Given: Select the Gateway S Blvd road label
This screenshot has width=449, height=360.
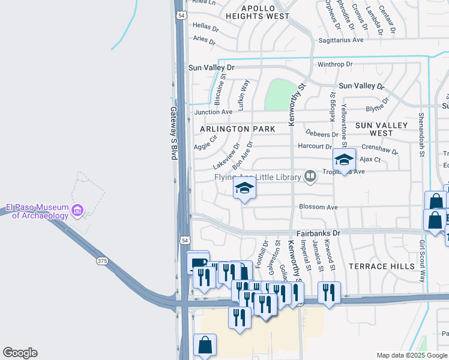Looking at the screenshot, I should click(x=173, y=133).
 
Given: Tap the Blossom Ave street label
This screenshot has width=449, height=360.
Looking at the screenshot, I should click(x=319, y=207).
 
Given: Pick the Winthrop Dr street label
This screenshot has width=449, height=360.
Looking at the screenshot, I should click(x=334, y=64).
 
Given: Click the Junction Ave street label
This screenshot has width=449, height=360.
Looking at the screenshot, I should click(x=212, y=112).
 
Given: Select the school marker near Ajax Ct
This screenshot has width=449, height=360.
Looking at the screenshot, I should click(x=344, y=160).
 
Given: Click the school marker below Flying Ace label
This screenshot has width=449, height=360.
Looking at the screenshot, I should click(x=244, y=189).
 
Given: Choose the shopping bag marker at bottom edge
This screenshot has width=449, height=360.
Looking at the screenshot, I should click(x=205, y=346).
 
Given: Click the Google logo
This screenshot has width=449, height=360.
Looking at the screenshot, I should click(x=20, y=353).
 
